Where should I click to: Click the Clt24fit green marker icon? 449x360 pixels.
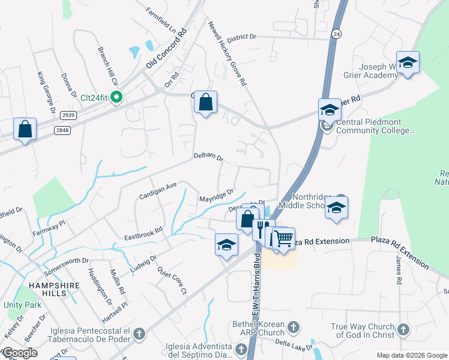click(x=116, y=96)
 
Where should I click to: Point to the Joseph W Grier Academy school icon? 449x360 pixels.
click(x=408, y=62)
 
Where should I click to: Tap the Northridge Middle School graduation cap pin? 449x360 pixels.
click(x=336, y=208)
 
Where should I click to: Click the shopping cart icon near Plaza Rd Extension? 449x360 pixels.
click(x=283, y=238)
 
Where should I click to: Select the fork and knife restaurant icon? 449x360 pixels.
click(x=263, y=229)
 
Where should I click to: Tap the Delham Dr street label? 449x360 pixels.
click(x=208, y=158)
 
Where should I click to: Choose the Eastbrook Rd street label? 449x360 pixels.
click(x=144, y=229)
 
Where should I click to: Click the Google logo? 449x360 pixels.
click(x=20, y=353)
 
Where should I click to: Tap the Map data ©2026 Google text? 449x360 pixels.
click(x=411, y=355)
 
